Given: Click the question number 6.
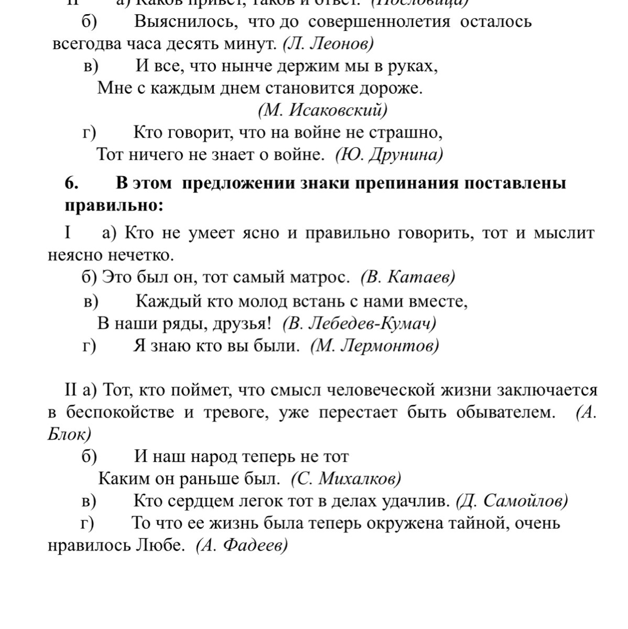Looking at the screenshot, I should tap(72, 184).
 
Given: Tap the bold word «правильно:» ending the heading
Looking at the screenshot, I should tap(114, 205).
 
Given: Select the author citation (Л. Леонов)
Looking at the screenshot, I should tap(328, 44).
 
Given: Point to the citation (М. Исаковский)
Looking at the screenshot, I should tap(322, 110).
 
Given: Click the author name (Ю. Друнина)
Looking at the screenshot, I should tap(389, 155).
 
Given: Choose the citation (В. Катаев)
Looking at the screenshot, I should tap(408, 277).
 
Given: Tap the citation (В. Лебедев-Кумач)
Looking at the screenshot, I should tap(359, 323).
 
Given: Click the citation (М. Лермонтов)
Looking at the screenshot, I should tap(375, 346).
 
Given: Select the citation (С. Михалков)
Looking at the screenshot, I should tap(346, 479).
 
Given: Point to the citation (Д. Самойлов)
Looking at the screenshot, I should tap(512, 501).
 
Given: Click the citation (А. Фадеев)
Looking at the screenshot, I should tap(242, 546).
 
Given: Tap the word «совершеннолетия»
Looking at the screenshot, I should tap(379, 22).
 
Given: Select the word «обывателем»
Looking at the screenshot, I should tap(505, 413).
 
